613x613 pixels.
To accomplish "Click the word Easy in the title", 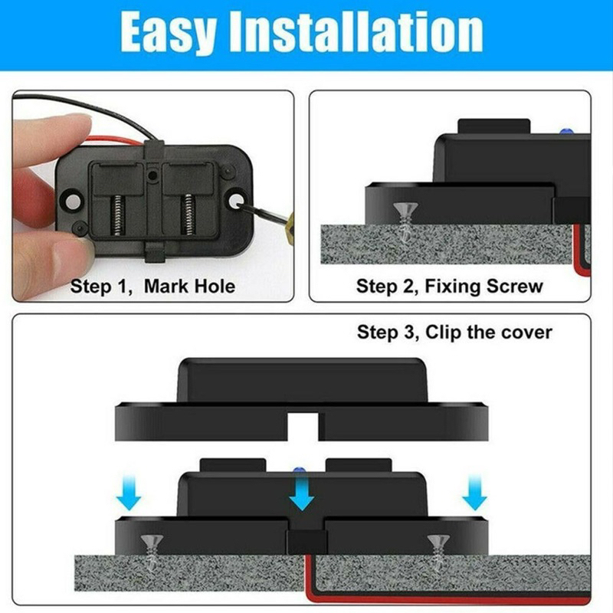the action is click(169, 32).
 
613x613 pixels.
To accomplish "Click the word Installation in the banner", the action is click(356, 31).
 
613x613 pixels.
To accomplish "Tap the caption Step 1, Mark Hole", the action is click(152, 286).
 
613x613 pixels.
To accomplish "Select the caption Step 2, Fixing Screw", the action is click(450, 286).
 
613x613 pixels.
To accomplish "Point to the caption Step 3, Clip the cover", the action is click(454, 332).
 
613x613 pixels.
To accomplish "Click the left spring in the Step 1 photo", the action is click(117, 215).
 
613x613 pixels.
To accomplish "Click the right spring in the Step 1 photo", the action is click(188, 215).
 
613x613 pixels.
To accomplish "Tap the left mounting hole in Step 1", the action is click(72, 202).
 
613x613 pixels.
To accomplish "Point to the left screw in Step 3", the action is click(152, 551).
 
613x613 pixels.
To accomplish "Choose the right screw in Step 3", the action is click(438, 551).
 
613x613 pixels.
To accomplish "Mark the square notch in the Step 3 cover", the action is click(303, 427).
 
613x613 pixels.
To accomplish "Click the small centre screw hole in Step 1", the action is click(152, 175).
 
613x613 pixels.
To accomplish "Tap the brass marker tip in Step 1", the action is click(290, 222).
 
